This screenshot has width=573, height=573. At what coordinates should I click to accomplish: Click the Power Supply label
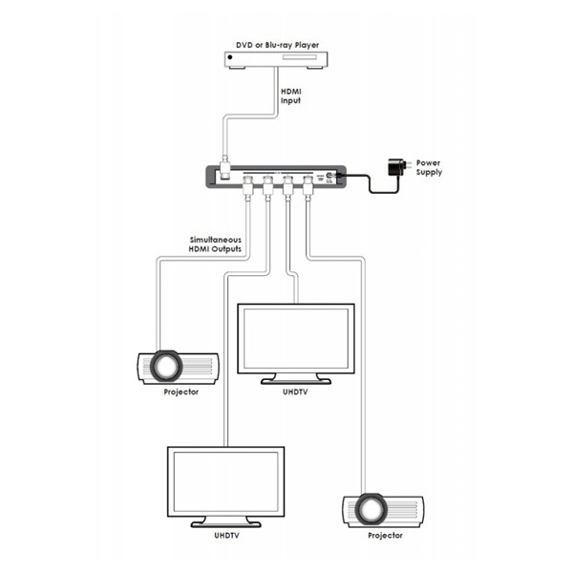click(x=429, y=167)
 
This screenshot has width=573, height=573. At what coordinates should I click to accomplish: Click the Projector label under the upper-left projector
click(x=180, y=393)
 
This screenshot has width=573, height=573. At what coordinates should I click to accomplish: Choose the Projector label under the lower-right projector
click(x=385, y=536)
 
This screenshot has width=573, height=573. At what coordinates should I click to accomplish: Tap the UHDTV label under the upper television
click(x=295, y=393)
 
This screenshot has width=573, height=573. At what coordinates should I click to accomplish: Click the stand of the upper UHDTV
click(x=295, y=378)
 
